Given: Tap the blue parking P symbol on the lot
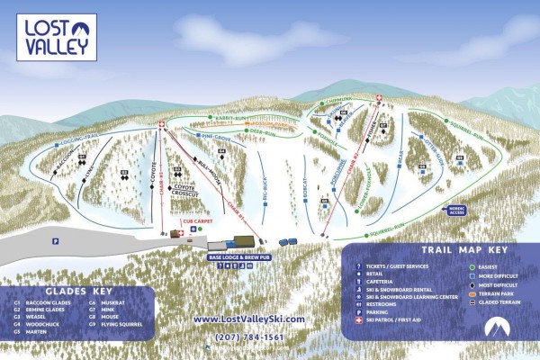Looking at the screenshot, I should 55,240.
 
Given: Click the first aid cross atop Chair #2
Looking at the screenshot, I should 379,98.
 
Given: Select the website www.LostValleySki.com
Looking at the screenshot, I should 249,319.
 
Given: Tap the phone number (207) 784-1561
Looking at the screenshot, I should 248,337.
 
